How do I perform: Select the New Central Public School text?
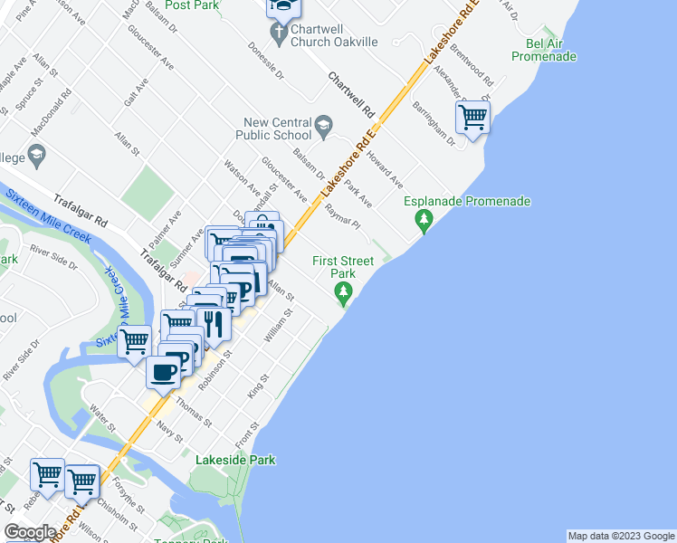point(277,129)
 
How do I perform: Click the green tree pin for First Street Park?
point(343,291)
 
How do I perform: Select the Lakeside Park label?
point(235,460)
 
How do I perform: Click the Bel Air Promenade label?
point(543,50)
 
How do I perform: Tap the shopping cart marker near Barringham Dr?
point(472,117)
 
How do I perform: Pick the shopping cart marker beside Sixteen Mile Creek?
point(135,341)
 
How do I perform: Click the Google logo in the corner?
point(30,532)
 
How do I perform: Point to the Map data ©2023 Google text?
point(620,536)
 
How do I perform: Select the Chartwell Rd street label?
point(351,96)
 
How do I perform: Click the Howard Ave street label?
point(385,170)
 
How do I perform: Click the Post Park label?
point(192,5)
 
